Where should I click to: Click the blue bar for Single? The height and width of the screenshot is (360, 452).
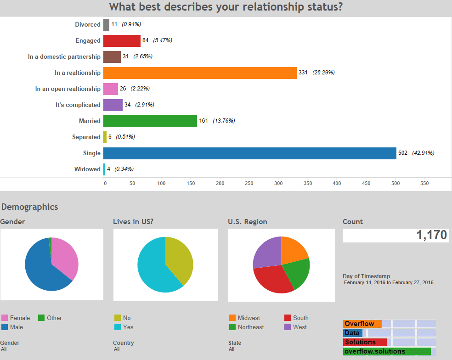(249, 153)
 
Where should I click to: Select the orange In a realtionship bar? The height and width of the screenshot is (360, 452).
(200, 73)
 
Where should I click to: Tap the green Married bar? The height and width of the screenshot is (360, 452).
(150, 121)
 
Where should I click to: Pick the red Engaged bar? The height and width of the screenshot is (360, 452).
(122, 40)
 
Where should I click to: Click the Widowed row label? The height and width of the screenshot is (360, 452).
(87, 169)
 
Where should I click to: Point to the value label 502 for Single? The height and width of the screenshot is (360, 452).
(403, 153)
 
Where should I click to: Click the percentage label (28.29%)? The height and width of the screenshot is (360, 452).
(323, 73)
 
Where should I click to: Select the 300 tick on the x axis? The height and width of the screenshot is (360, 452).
(278, 183)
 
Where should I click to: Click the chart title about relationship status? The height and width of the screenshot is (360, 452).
(226, 7)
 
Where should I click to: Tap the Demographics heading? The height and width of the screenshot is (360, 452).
(30, 207)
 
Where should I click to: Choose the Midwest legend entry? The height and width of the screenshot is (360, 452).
(249, 318)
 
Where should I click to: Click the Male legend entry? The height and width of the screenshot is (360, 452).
(16, 327)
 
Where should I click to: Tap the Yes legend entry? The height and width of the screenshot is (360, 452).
(128, 327)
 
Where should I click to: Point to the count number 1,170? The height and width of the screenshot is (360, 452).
(431, 235)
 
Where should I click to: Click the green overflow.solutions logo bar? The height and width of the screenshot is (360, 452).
(386, 351)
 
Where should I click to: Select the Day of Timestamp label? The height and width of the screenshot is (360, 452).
(366, 276)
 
